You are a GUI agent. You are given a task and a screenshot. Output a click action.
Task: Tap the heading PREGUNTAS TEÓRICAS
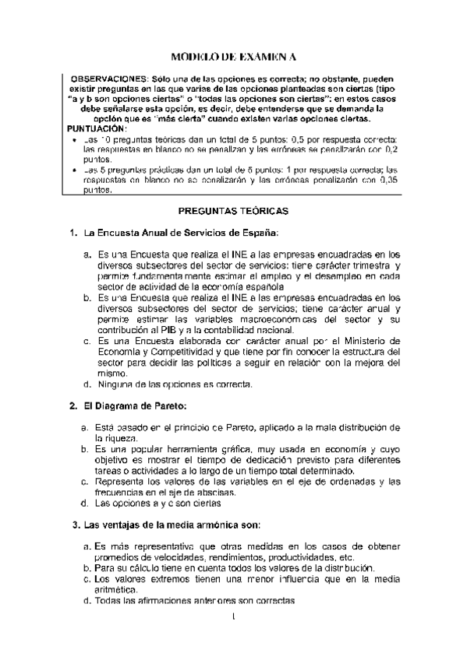click(x=234, y=211)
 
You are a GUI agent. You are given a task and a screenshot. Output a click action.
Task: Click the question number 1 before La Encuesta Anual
click(x=73, y=233)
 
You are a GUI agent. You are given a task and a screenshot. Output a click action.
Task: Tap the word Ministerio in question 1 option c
click(x=371, y=341)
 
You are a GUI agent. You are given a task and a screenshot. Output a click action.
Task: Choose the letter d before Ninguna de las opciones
click(x=87, y=384)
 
